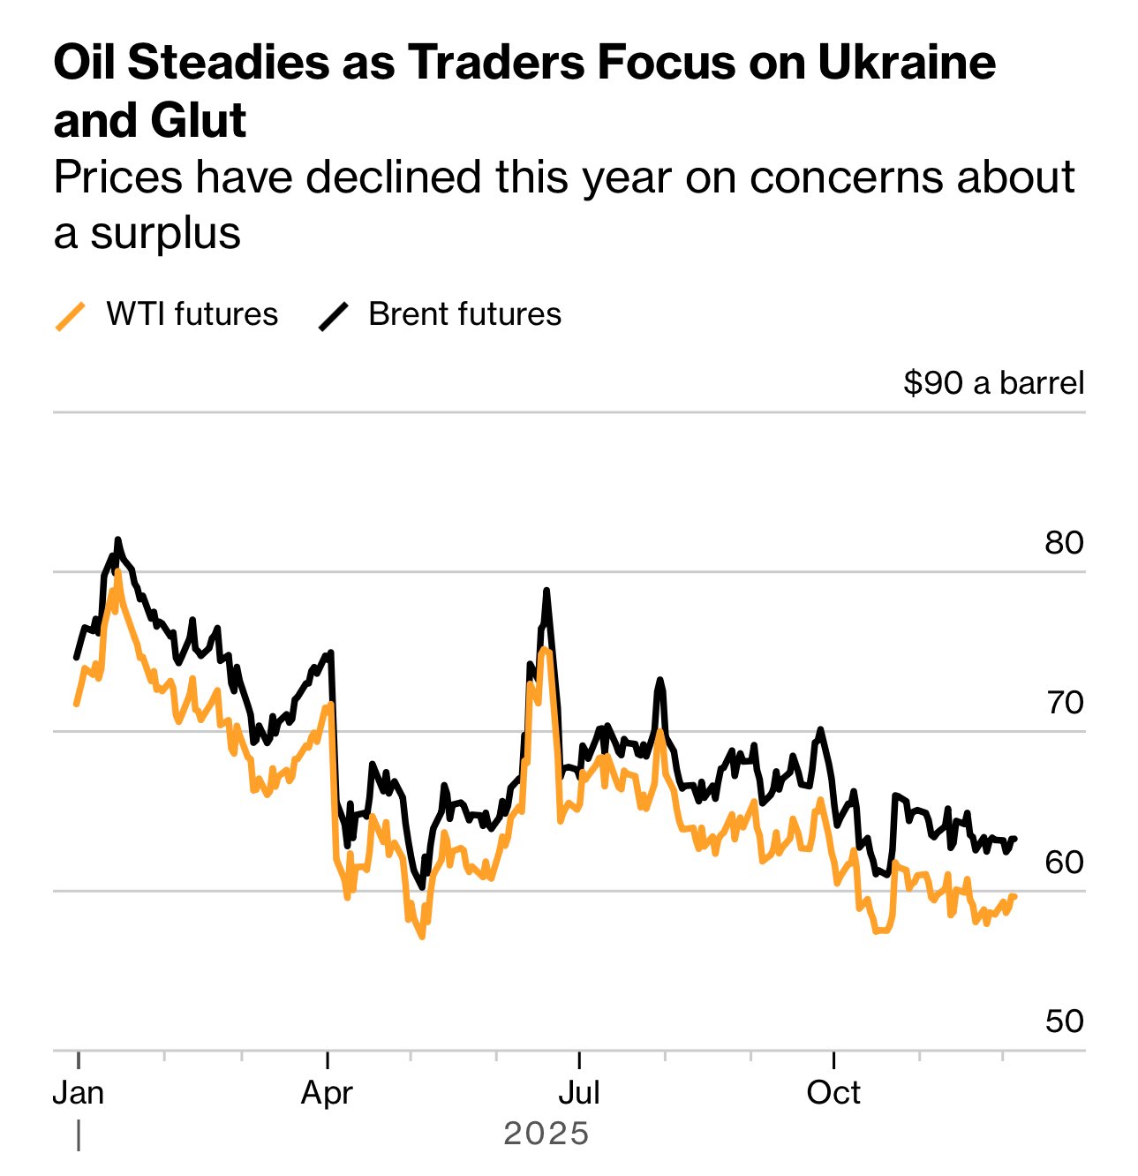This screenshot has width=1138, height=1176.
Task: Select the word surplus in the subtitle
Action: (165, 233)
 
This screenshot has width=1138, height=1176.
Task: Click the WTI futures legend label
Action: (192, 314)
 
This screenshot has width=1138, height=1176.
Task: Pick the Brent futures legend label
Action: (464, 314)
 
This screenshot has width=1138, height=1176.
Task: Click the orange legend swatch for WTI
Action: (71, 316)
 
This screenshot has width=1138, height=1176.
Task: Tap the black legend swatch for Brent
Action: (334, 316)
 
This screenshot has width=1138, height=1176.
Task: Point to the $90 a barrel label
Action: (993, 383)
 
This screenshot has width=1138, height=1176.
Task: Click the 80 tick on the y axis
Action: (1064, 543)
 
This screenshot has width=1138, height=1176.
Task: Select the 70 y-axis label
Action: (1064, 703)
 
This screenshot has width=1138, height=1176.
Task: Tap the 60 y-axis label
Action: (1064, 863)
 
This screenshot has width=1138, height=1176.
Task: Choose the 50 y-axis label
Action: (1064, 1021)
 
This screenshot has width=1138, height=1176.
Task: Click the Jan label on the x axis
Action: (79, 1093)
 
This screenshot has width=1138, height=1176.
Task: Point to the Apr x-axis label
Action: (327, 1093)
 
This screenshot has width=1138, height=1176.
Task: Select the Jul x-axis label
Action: (579, 1093)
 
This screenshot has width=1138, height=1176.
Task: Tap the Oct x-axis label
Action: (833, 1093)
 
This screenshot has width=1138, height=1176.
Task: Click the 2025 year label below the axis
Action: (546, 1134)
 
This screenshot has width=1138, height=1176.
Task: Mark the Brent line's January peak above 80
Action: (117, 539)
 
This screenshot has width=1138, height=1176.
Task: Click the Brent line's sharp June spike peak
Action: (546, 590)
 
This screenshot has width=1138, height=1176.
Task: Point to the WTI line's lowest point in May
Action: (422, 937)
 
